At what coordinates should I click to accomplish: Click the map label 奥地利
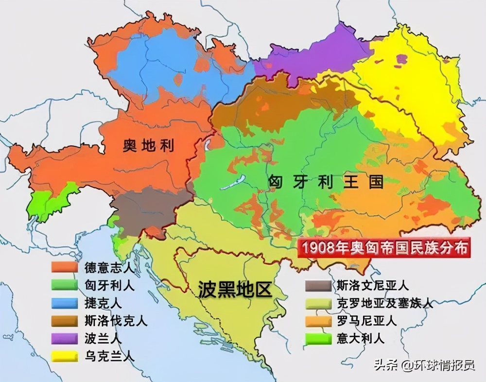148,145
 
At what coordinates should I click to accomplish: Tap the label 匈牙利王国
326,182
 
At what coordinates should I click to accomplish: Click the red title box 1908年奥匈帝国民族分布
385,247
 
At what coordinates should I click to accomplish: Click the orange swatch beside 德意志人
65,267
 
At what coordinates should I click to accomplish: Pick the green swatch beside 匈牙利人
65,285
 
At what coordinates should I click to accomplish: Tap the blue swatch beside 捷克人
65,303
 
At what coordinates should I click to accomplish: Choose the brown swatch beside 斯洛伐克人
65,321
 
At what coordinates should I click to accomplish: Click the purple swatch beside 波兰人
65,339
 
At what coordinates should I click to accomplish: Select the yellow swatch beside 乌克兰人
65,356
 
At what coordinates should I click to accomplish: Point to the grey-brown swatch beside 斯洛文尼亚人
318,286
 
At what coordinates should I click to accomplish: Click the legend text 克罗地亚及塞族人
384,303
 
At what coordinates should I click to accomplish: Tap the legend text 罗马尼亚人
366,321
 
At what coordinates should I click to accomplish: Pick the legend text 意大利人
360,338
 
